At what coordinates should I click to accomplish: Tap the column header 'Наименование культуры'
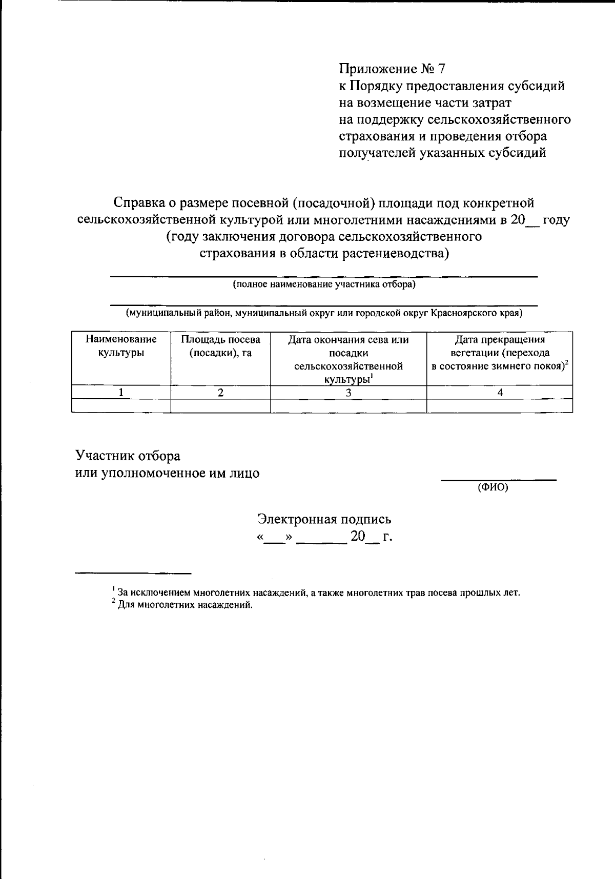pyautogui.click(x=121, y=346)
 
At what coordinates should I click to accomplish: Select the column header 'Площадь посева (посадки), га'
pyautogui.click(x=220, y=346)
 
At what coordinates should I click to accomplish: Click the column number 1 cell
pyautogui.click(x=121, y=393)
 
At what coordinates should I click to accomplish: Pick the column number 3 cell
pyautogui.click(x=348, y=393)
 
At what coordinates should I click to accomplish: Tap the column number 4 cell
pyautogui.click(x=500, y=393)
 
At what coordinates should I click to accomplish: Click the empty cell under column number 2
pyautogui.click(x=220, y=406)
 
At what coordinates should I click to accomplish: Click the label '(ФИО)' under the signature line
pyautogui.click(x=493, y=488)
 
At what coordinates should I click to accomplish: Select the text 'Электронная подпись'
pyautogui.click(x=324, y=519)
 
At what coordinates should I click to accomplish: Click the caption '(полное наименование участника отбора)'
pyautogui.click(x=324, y=284)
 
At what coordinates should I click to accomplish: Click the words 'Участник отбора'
pyautogui.click(x=128, y=456)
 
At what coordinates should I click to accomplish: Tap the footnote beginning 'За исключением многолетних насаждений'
pyautogui.click(x=318, y=593)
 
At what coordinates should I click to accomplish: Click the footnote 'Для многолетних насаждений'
pyautogui.click(x=184, y=605)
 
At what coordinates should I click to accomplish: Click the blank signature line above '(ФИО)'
pyautogui.click(x=499, y=479)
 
